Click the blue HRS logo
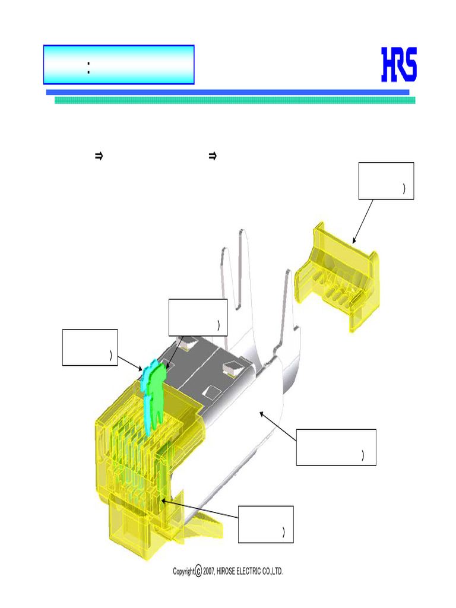(398, 65)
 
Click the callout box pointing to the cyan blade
(90, 347)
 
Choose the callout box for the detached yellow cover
(386, 180)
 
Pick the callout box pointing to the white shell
(336, 447)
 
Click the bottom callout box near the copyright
(265, 524)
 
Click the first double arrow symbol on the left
(99, 157)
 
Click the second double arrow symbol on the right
(211, 157)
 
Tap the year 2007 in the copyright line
(210, 571)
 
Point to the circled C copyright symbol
(198, 571)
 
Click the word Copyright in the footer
(183, 571)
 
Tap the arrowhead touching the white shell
(261, 414)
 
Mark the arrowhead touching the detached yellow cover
(354, 241)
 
